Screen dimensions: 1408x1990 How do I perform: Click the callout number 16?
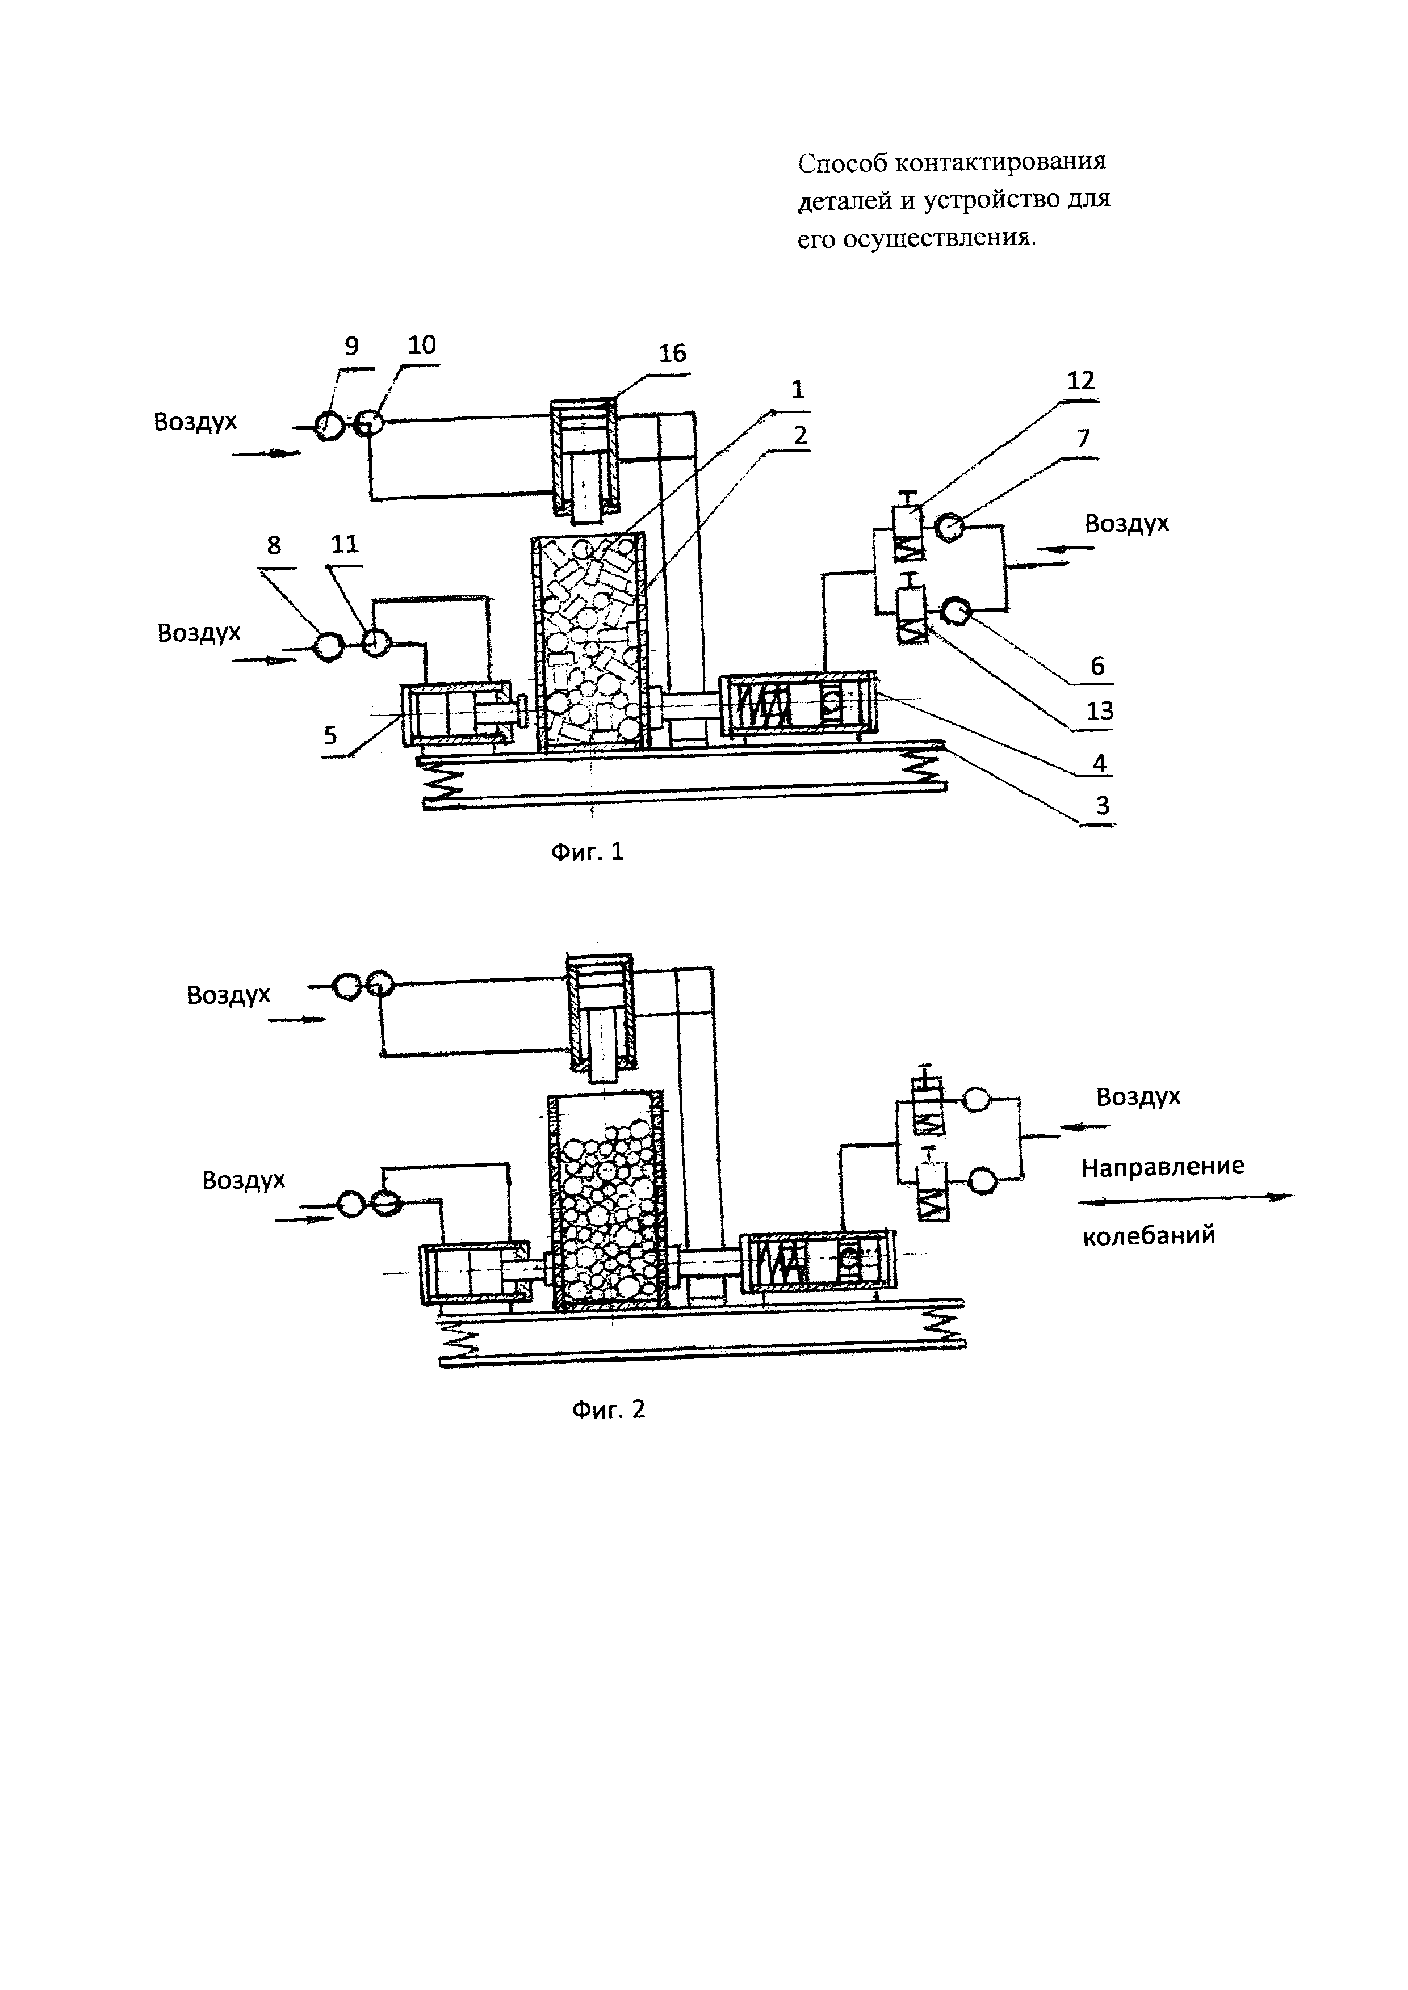(x=672, y=354)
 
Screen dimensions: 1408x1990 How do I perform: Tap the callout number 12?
(x=1080, y=381)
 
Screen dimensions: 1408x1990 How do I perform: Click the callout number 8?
(x=274, y=545)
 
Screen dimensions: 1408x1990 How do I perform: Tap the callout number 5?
(x=330, y=736)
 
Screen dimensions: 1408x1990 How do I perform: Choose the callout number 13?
(x=1099, y=710)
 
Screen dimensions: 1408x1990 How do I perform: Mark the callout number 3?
(x=1102, y=805)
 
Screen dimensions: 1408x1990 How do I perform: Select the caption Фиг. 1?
(x=588, y=852)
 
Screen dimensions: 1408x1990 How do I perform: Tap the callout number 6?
(x=1097, y=666)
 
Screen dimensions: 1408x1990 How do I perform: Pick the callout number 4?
(x=1099, y=764)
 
